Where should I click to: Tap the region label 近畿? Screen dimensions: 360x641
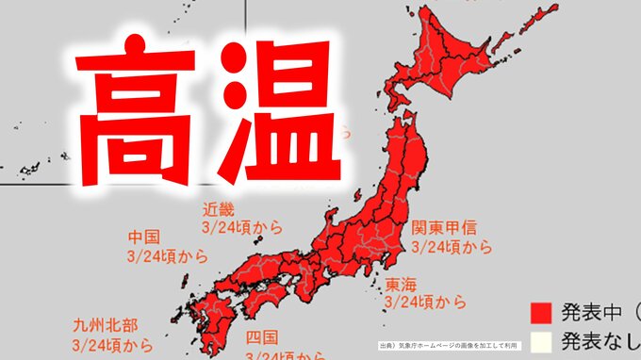coord(217,209)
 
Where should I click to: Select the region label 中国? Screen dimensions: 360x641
coord(142,237)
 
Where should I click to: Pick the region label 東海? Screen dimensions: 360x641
coord(400,285)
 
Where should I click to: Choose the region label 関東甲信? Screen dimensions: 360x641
coord(444,228)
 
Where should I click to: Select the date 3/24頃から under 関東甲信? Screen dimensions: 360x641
coord(452,247)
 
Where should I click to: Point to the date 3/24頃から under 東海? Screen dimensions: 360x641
coord(425,303)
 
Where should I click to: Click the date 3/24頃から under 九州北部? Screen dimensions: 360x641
coord(113,344)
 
